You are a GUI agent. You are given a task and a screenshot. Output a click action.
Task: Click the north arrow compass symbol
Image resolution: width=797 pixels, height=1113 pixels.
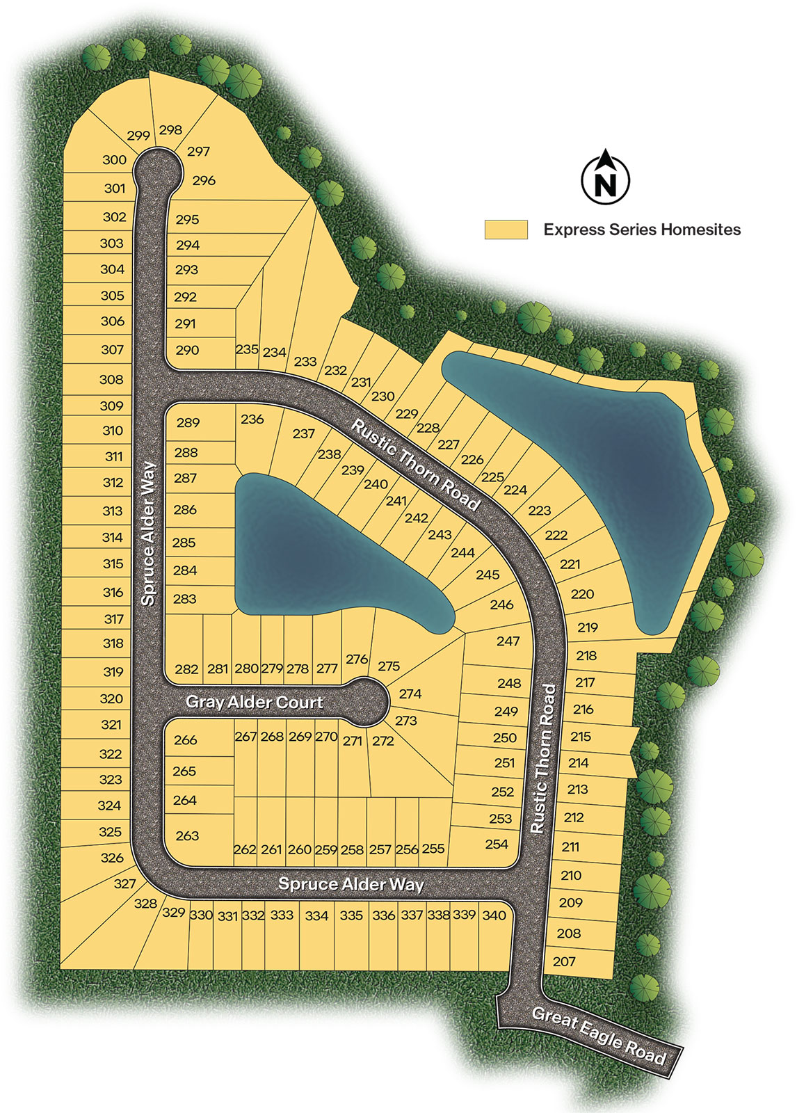tap(606, 178)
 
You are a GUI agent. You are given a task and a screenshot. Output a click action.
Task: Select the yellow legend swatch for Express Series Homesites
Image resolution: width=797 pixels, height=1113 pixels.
tap(506, 230)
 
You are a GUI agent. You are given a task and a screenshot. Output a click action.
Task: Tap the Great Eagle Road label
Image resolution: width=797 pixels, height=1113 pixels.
tap(599, 1036)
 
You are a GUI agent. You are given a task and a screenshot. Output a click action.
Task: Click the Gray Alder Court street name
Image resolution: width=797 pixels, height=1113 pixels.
tap(254, 702)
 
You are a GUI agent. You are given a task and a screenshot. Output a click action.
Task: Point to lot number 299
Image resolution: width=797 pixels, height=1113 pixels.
tap(138, 136)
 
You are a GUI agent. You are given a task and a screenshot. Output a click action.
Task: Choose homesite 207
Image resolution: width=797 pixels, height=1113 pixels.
tap(564, 961)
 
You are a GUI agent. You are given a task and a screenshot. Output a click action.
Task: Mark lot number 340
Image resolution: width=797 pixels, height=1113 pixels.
tap(494, 915)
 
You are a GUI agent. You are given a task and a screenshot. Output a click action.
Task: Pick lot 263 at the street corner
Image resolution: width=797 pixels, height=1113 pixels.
tap(187, 835)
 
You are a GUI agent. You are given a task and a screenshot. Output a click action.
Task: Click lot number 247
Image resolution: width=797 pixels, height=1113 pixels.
tap(508, 641)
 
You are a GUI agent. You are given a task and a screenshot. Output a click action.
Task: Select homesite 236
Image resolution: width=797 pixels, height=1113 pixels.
tap(252, 419)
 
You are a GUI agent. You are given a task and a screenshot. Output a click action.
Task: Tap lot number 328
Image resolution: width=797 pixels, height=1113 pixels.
tap(145, 903)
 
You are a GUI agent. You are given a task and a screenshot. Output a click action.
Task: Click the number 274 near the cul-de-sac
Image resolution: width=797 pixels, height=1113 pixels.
tap(410, 694)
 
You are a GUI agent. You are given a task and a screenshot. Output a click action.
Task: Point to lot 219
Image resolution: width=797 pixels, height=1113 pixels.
tap(588, 627)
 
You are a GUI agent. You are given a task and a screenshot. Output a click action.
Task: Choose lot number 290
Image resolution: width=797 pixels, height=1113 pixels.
tap(187, 350)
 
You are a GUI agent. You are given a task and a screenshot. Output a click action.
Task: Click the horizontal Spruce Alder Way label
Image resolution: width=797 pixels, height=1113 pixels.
tap(351, 884)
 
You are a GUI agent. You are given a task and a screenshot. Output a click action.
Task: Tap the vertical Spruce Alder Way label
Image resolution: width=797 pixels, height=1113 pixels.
tap(148, 534)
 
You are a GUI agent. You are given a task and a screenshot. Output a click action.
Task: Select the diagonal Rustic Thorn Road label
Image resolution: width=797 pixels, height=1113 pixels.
tap(415, 464)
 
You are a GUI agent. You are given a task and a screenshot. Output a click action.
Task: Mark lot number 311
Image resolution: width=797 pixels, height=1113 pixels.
tap(113, 456)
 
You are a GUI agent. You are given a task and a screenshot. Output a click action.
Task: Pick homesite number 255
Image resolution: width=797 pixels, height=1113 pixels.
tap(433, 849)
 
